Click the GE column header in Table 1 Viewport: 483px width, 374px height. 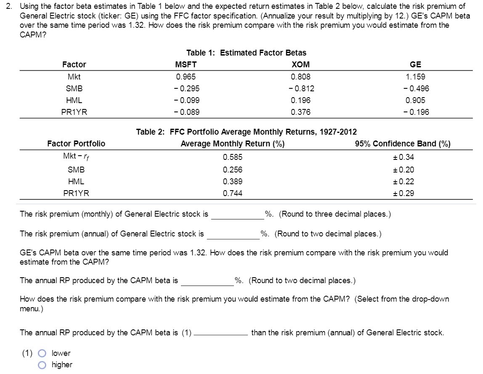(x=415, y=64)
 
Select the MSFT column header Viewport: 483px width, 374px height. (x=186, y=64)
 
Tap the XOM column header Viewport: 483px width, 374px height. (x=300, y=64)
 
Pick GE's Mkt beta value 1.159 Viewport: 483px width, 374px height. (x=415, y=77)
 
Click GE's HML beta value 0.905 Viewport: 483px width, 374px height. (x=415, y=101)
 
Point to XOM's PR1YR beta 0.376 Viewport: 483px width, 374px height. (x=300, y=112)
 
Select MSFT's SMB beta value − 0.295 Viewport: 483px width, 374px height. (x=186, y=89)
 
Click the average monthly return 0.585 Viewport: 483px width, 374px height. (x=232, y=157)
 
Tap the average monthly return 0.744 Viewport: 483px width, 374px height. (x=232, y=194)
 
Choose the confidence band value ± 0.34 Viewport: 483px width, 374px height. (x=403, y=157)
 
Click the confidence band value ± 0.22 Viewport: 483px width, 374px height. (x=403, y=182)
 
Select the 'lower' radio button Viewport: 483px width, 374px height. (x=42, y=353)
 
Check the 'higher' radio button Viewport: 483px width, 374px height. (x=42, y=365)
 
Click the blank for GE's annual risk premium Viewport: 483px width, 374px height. (x=233, y=234)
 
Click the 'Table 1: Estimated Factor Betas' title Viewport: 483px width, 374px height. (x=246, y=53)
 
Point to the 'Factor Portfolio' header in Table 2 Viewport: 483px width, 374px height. (x=76, y=144)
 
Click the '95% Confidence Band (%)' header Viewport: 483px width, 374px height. (x=403, y=144)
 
